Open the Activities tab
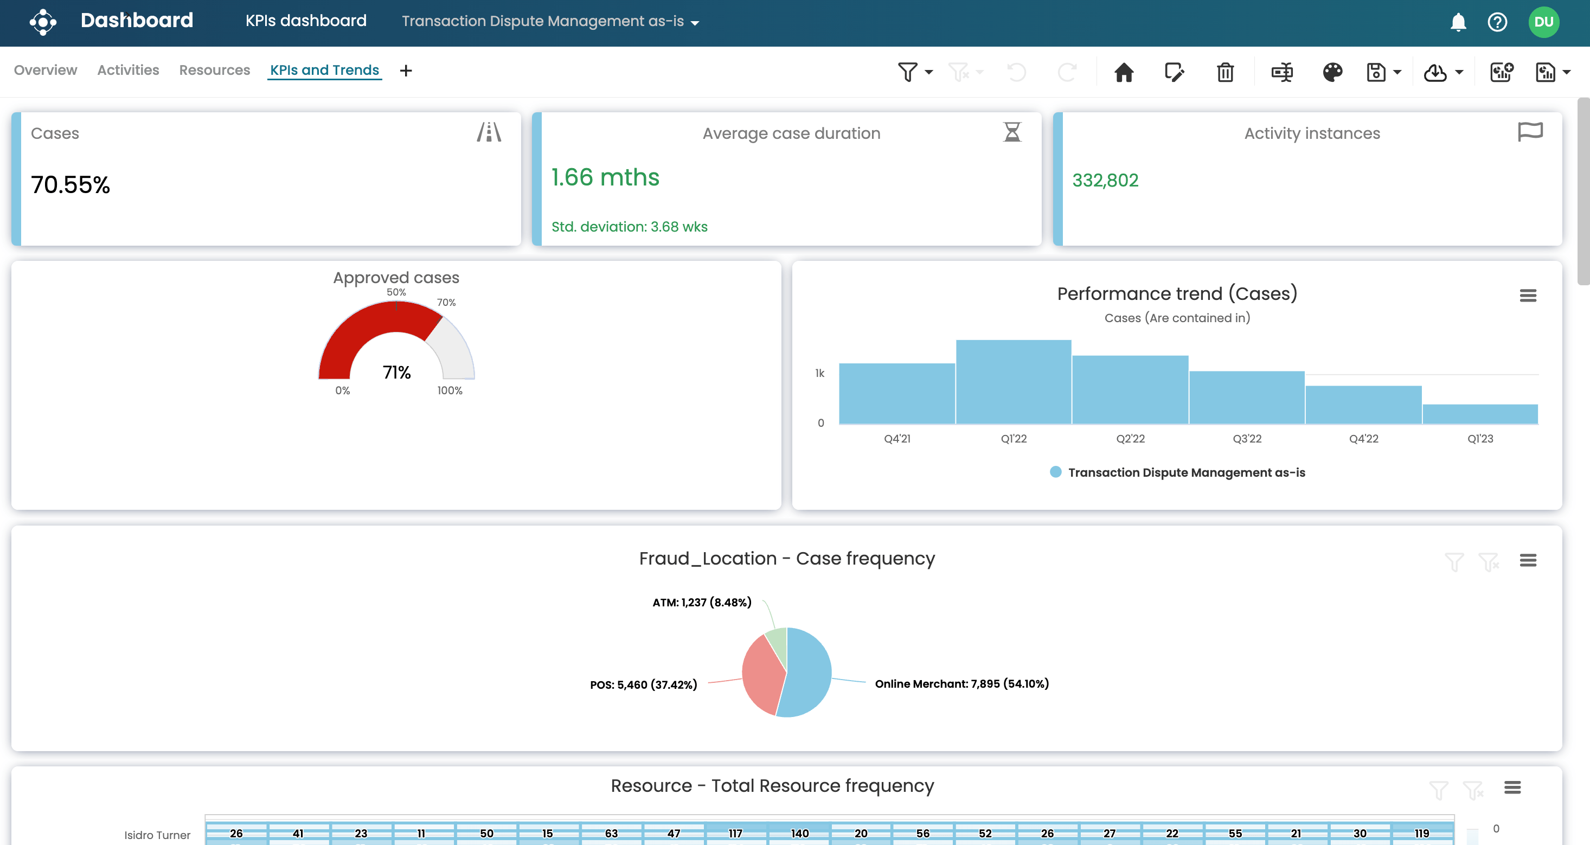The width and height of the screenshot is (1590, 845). (x=128, y=71)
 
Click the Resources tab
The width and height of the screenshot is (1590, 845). (x=214, y=71)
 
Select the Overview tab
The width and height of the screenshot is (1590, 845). (x=46, y=71)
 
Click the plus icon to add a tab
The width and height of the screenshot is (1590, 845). (x=406, y=71)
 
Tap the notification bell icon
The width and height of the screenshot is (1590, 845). (x=1458, y=22)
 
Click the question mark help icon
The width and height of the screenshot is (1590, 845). (x=1497, y=22)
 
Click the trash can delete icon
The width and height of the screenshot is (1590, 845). (x=1225, y=72)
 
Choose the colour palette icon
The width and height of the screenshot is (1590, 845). (x=1332, y=72)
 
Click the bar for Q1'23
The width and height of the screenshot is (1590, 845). (x=1480, y=414)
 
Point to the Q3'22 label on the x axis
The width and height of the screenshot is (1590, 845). (x=1247, y=439)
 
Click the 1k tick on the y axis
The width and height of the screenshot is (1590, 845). (x=820, y=374)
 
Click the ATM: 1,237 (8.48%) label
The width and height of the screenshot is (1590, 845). (x=702, y=603)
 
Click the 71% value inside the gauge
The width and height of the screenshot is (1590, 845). (x=396, y=372)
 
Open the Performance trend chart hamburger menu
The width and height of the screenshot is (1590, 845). (x=1528, y=296)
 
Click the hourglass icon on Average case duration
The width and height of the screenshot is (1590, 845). (x=1012, y=132)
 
